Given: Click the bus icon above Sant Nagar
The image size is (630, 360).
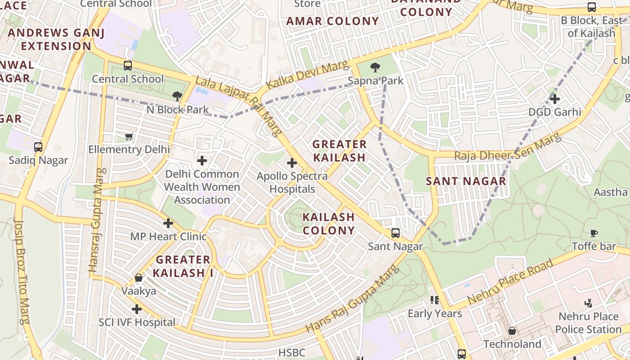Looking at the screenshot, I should click(x=395, y=233).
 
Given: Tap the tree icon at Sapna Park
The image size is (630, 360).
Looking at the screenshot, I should click(x=375, y=67).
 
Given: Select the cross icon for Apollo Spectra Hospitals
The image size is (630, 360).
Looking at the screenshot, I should click(x=292, y=162).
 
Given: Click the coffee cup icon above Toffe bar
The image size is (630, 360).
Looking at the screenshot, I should click(x=594, y=233).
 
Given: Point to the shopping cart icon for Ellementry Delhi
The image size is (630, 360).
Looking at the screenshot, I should click(x=129, y=136).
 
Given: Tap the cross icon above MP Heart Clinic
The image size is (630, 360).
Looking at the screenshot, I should click(x=168, y=223).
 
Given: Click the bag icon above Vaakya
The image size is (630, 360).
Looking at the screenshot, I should click(x=139, y=278).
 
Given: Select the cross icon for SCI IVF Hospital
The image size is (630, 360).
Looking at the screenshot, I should click(x=137, y=309).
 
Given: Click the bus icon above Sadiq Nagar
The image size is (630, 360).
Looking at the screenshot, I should click(x=38, y=147).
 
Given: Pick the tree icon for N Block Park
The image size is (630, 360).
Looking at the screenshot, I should click(x=177, y=96).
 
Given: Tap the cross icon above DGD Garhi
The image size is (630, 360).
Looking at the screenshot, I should click(x=555, y=99).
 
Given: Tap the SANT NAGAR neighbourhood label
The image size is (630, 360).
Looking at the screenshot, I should click(x=466, y=181).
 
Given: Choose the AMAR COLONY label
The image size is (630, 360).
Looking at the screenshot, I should click(x=333, y=21).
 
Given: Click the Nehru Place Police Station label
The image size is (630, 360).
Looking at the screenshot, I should click(x=588, y=323).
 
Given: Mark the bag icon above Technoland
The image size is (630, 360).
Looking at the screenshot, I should click(x=512, y=331).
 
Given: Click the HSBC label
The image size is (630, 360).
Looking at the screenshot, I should click(x=292, y=353).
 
